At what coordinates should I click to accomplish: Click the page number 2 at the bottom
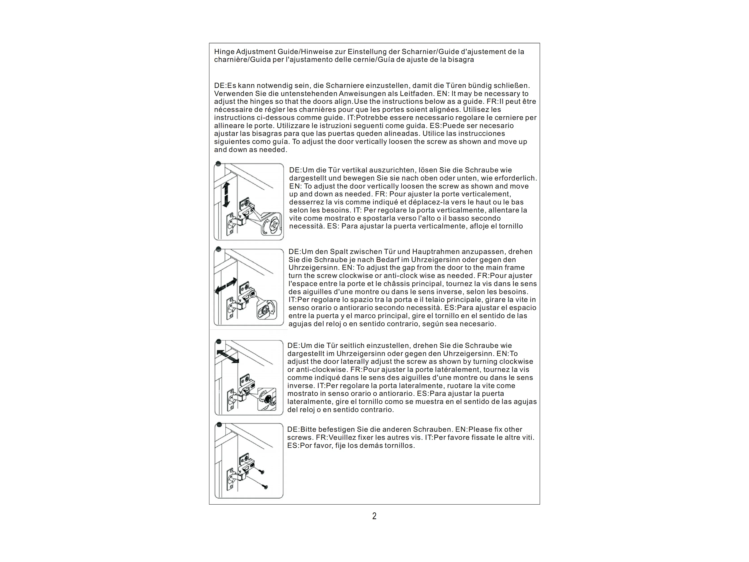pyautogui.click(x=374, y=516)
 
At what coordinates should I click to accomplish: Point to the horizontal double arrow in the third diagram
pyautogui.click(x=227, y=357)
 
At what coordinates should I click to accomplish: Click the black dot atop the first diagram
pyautogui.click(x=218, y=164)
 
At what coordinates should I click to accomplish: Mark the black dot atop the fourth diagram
pyautogui.click(x=219, y=425)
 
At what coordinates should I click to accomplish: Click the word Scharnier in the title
pyautogui.click(x=417, y=52)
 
